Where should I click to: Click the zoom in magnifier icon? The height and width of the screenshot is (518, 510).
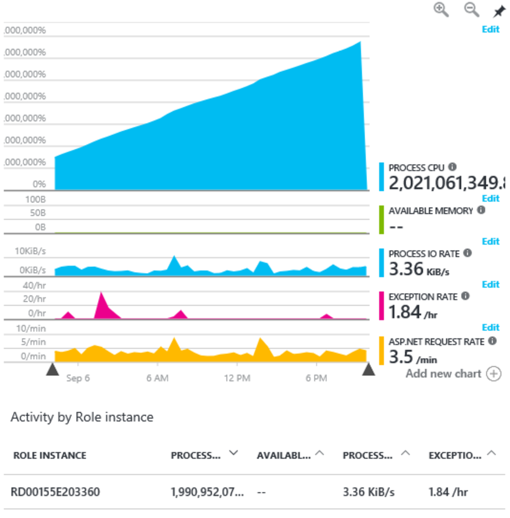click(441, 9)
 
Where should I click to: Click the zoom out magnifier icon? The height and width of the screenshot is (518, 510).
click(471, 9)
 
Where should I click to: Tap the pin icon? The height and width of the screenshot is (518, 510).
click(499, 11)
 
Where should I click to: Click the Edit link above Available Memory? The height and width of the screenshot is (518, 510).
click(490, 198)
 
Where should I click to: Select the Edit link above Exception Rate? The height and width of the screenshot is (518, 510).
click(490, 284)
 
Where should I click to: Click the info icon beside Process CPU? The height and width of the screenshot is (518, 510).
click(452, 167)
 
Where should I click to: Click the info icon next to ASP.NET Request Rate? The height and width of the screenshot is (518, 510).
click(492, 341)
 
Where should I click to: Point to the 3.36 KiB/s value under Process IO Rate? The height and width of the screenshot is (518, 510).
click(419, 269)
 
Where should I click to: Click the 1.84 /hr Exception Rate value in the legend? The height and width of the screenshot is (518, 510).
click(413, 313)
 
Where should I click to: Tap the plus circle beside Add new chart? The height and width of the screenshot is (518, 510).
click(494, 373)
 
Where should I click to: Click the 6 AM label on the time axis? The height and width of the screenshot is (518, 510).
click(157, 378)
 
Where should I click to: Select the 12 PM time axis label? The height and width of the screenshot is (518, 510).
click(237, 378)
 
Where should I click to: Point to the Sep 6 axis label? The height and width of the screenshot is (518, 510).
click(78, 378)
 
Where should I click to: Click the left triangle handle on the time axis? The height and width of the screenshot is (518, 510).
click(52, 370)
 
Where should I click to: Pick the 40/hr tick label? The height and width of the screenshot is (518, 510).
click(34, 286)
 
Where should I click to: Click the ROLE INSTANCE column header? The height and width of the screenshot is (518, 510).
click(50, 456)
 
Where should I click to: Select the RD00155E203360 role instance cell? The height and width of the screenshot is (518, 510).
click(55, 492)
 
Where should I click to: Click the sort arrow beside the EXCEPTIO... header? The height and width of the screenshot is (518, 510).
click(491, 453)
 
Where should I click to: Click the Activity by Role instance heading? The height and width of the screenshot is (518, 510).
click(82, 417)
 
